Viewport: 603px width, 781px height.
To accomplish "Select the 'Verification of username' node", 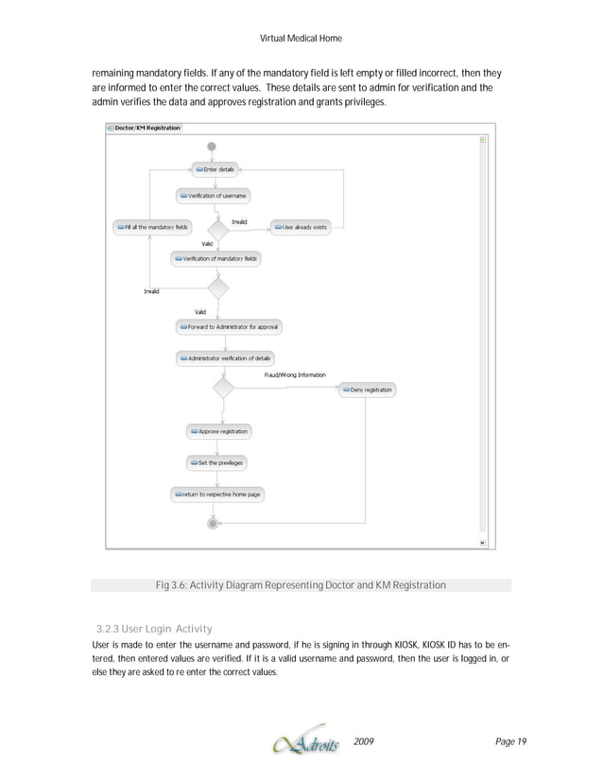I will [x=213, y=196].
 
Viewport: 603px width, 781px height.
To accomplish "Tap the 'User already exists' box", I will [x=301, y=227].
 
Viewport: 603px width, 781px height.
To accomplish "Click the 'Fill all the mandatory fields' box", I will [x=152, y=227].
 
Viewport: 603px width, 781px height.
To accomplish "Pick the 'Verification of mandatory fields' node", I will [x=216, y=258].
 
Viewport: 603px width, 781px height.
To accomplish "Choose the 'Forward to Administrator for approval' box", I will [x=229, y=326].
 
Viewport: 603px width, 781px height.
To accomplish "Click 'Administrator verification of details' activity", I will [x=227, y=358].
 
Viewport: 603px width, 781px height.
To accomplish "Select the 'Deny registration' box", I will [x=367, y=390].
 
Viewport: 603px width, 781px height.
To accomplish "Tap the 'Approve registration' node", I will [x=218, y=431].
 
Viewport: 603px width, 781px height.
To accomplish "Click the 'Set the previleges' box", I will [x=216, y=462].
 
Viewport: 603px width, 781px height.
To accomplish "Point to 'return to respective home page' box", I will [x=217, y=495].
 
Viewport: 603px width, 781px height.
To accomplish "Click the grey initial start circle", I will [x=212, y=147].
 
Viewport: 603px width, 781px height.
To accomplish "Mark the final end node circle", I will [x=213, y=522].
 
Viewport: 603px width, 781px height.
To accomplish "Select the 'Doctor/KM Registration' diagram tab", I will [x=143, y=128].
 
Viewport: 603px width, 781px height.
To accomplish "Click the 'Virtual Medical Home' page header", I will [x=300, y=38].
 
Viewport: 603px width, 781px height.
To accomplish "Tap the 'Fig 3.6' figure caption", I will [x=301, y=586].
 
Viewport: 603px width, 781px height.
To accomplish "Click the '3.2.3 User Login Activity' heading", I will [x=155, y=629].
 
